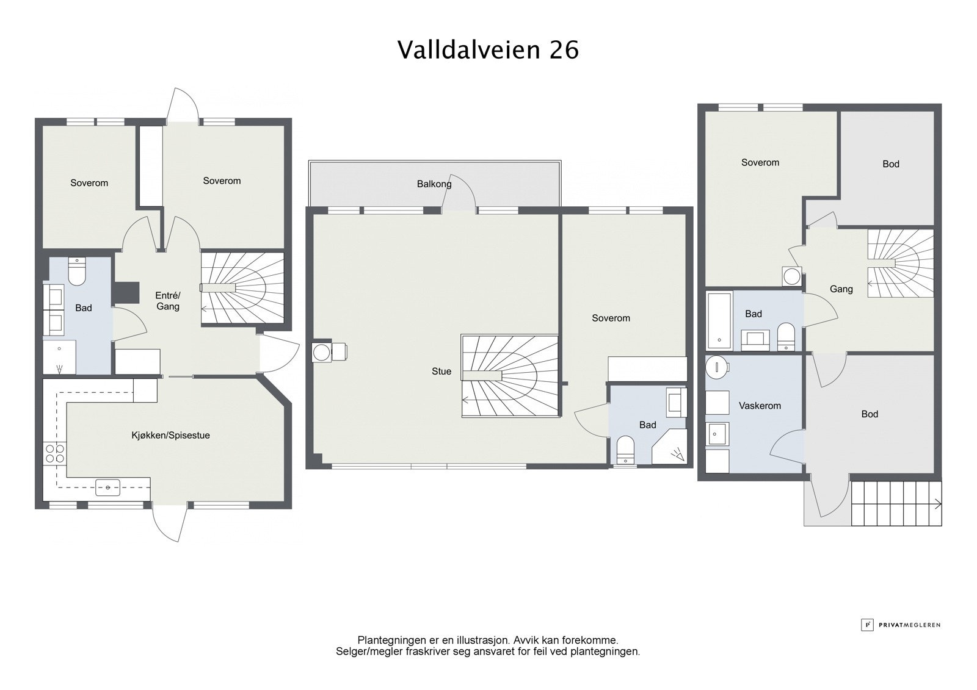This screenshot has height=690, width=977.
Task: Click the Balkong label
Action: (434, 184)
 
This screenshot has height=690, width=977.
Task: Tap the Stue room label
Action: (441, 371)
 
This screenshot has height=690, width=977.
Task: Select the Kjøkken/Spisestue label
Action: (171, 435)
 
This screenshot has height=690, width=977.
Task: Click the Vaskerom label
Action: (760, 405)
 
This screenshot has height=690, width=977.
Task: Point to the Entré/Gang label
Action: (168, 301)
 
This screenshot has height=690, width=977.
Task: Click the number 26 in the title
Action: (564, 50)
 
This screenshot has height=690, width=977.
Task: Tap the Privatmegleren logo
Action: (901, 625)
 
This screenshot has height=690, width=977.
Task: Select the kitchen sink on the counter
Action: (108, 486)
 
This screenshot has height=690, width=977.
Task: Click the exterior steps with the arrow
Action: (896, 503)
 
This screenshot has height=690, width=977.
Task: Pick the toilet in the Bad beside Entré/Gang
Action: (77, 272)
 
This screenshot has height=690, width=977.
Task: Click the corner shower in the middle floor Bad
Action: (670, 448)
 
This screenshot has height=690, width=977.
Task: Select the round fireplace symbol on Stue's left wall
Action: (321, 352)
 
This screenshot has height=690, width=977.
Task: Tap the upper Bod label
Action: (891, 164)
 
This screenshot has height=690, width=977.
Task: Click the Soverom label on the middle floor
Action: (611, 318)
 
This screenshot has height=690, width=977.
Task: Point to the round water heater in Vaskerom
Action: (716, 368)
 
